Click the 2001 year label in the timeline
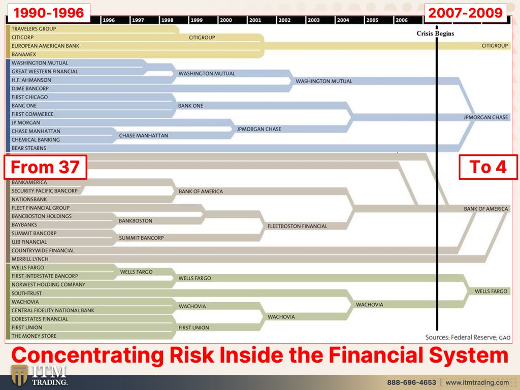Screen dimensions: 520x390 (x=255, y=20)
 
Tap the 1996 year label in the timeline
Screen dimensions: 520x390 (x=109, y=20)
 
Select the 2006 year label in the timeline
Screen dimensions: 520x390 (x=401, y=20)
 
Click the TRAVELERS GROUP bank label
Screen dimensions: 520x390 (x=34, y=29)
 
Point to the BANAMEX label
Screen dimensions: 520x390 (x=23, y=54)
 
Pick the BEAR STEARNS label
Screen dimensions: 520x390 (x=29, y=148)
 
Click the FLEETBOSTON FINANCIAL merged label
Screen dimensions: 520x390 (x=297, y=226)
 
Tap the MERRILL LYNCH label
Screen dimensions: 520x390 (x=30, y=259)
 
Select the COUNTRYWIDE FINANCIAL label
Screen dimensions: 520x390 (x=43, y=250)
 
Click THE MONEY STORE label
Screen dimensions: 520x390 (x=34, y=336)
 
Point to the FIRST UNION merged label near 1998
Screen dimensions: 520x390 (x=193, y=328)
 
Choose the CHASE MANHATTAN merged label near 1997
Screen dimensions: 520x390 (x=143, y=136)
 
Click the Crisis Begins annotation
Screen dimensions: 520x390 (x=435, y=33)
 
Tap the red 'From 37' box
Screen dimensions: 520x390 (x=45, y=167)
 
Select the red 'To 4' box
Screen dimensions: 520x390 (x=488, y=167)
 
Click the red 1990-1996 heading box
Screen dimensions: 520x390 (x=48, y=13)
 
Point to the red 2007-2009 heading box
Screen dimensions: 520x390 (x=466, y=13)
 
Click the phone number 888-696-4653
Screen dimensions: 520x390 (x=411, y=382)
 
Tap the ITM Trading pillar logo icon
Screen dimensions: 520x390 (x=19, y=375)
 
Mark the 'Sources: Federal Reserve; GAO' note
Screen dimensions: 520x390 (x=468, y=337)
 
